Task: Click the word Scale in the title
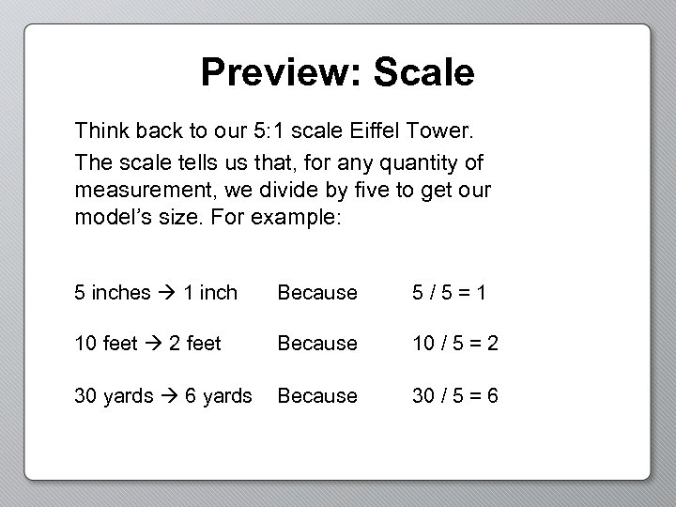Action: tap(423, 72)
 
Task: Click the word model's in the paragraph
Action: tap(106, 217)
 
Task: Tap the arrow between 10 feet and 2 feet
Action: tap(154, 345)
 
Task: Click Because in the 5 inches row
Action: tap(317, 293)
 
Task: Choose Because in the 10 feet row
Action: tap(317, 345)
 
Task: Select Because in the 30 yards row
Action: tap(317, 396)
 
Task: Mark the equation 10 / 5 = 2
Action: tap(454, 345)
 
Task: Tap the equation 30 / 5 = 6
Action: tap(454, 396)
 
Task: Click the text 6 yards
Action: tap(219, 396)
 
